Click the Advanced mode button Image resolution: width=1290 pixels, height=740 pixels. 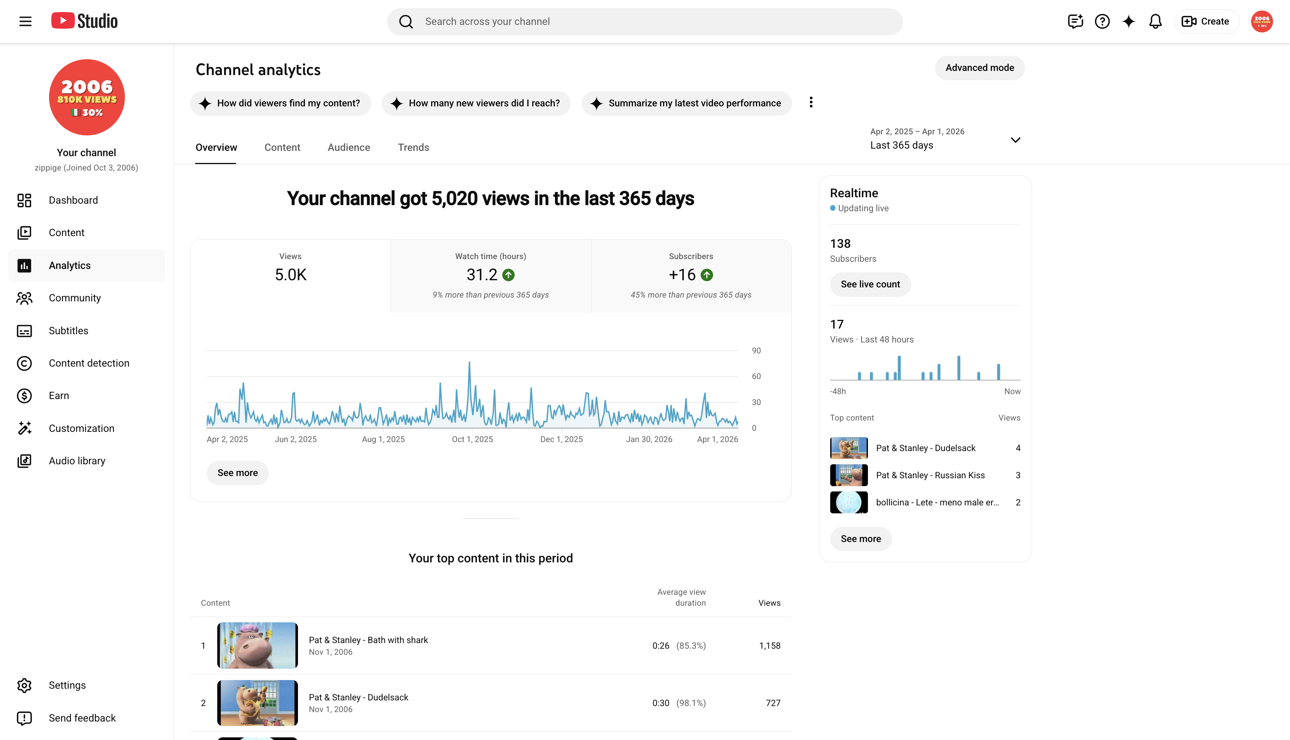point(980,68)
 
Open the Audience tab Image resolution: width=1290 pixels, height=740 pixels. point(349,147)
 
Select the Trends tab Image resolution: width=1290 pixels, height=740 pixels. point(413,147)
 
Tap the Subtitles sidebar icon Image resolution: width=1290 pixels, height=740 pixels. point(25,331)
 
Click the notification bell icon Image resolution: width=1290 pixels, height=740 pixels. point(1155,21)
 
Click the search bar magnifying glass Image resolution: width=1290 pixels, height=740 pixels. point(405,21)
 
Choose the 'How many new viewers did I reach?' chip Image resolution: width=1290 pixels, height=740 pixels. point(476,103)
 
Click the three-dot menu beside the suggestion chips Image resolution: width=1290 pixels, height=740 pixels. point(811,102)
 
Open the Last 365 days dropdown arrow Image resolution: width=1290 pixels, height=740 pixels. point(1015,140)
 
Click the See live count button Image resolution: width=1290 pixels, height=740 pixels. point(870,284)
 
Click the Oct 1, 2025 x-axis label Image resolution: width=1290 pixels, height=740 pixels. point(472,439)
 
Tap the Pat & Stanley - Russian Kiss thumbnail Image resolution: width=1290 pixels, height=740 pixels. point(849,475)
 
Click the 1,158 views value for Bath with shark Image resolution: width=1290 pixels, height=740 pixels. point(769,645)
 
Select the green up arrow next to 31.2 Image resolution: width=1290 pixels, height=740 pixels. point(508,275)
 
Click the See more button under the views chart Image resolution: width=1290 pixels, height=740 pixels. point(237,473)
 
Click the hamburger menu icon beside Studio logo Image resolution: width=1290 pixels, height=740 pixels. point(25,21)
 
